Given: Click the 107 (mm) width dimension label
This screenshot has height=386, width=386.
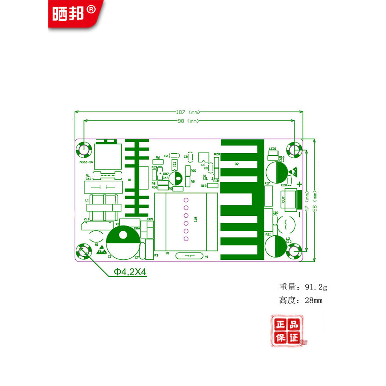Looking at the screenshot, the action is click(x=188, y=112).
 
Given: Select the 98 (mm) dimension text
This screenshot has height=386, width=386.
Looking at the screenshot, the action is click(x=188, y=121).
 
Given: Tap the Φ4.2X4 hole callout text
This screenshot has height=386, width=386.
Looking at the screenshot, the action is click(x=130, y=272).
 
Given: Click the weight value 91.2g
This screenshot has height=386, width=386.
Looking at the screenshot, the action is click(x=316, y=287).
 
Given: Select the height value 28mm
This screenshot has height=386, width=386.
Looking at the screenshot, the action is click(x=313, y=300).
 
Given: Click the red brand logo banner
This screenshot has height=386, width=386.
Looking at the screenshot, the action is click(x=75, y=14).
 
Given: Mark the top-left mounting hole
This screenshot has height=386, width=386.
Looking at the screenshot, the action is click(x=83, y=149).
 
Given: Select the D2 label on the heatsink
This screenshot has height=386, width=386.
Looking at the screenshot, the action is click(x=237, y=164).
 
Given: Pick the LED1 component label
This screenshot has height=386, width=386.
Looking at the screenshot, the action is click(x=273, y=149).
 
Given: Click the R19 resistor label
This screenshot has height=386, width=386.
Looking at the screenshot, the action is click(x=203, y=186).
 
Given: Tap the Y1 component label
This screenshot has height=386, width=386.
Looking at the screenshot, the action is click(x=207, y=257).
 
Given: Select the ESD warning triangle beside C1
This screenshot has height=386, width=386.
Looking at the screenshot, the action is click(x=101, y=251).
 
